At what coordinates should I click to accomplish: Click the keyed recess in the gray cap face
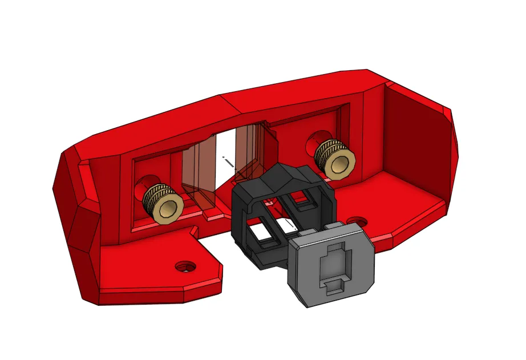(332, 268)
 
